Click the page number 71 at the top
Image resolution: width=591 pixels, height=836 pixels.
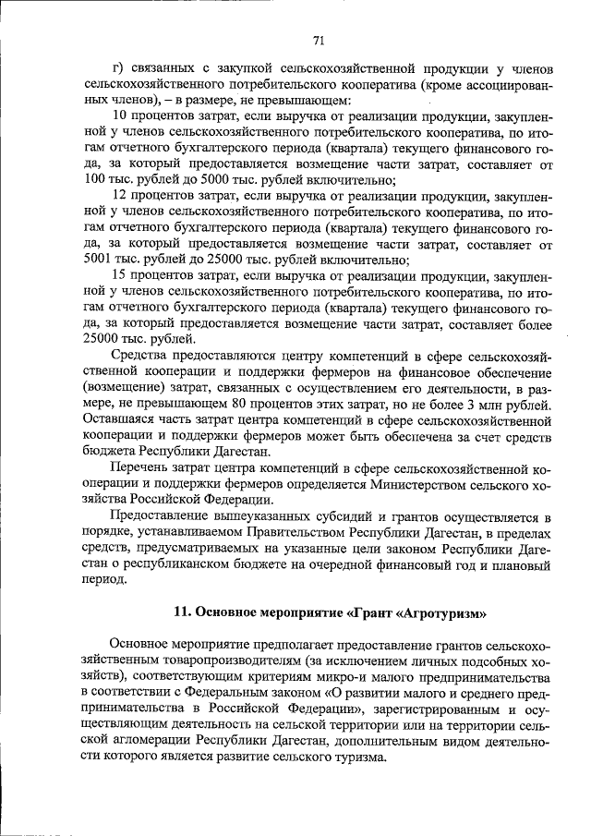319,40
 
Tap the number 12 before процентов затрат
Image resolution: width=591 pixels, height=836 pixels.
118,195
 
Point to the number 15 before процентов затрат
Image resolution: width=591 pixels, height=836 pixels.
118,275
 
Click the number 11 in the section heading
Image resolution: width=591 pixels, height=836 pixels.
182,613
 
